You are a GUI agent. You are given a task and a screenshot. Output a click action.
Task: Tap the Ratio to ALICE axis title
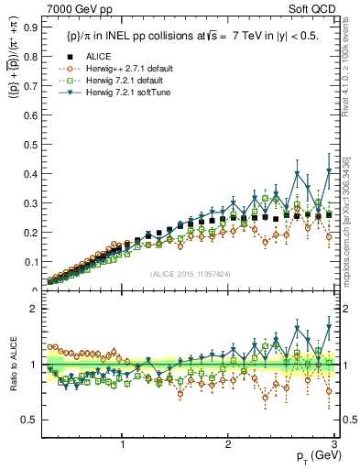[x=12, y=365]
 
